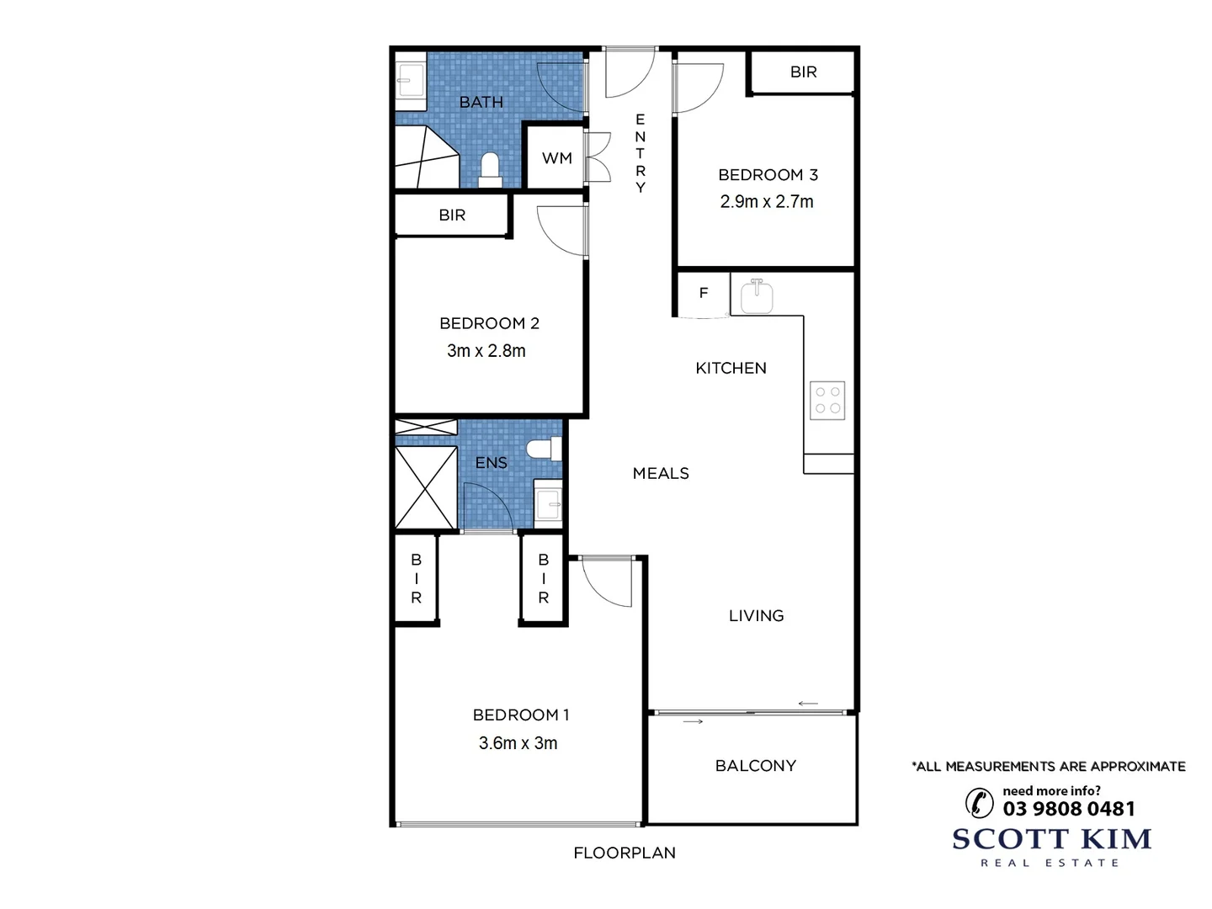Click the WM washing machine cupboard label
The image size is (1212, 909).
pos(556,158)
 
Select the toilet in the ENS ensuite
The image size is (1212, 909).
pos(545,449)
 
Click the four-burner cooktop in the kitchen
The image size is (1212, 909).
pos(827,401)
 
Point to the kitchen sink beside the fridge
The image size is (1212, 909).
pos(757,296)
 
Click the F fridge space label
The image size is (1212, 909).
pos(704,293)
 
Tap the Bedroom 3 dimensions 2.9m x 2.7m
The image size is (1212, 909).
pos(767,202)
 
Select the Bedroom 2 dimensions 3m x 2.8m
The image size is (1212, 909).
pos(486,351)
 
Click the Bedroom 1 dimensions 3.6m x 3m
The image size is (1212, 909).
pos(518,743)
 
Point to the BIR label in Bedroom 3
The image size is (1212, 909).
pos(803,72)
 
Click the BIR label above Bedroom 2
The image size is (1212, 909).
pos(452,215)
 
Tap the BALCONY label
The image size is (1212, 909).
pos(755,766)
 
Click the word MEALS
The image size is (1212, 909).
pos(661,474)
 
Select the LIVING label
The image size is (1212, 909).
pos(756,616)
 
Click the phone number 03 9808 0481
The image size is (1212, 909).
pos(1069,809)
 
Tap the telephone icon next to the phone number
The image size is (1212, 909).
pos(980,803)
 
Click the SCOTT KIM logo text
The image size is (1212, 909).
pos(1051,839)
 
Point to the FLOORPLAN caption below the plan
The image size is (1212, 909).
pos(625,853)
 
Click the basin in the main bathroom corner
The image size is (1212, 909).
pos(411,82)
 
